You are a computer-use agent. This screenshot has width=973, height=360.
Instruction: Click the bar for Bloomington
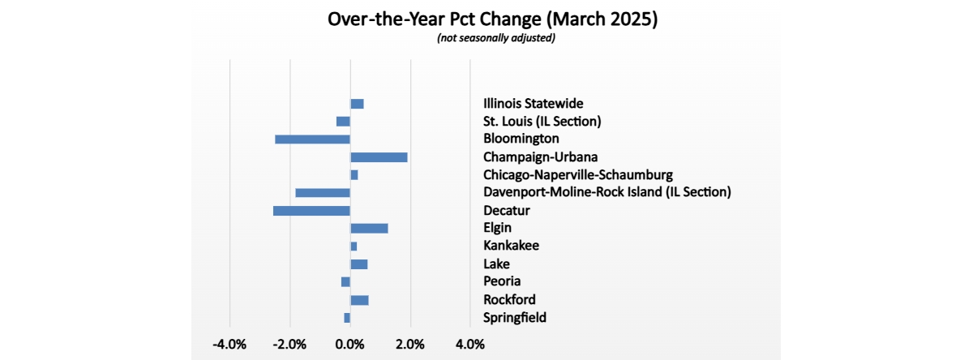(x=312, y=139)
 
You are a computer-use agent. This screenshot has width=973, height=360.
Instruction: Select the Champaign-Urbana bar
(x=379, y=157)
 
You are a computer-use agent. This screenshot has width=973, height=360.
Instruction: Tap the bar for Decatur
(x=311, y=211)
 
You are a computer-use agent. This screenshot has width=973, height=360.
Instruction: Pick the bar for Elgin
(x=369, y=229)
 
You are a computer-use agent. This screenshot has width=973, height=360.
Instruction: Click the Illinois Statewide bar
(x=357, y=104)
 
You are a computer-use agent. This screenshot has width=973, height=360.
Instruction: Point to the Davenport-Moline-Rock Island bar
(x=323, y=193)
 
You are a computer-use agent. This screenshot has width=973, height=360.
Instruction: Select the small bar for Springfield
(x=347, y=318)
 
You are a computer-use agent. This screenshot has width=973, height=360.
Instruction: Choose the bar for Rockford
(x=360, y=300)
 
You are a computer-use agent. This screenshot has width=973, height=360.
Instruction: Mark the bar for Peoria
(x=345, y=282)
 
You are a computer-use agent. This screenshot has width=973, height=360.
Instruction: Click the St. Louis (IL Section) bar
(x=343, y=122)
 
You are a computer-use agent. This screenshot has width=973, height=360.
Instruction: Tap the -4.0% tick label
(x=229, y=345)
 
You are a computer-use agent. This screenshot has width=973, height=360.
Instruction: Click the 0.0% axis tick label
(x=349, y=345)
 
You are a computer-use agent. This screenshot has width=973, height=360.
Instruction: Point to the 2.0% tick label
(x=410, y=345)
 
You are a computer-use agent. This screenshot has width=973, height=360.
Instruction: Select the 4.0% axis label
(x=470, y=345)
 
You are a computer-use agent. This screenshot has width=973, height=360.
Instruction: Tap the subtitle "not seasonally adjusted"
(x=496, y=38)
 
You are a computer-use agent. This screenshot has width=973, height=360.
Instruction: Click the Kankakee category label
(x=512, y=246)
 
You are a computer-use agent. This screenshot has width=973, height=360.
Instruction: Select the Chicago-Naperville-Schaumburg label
(x=578, y=175)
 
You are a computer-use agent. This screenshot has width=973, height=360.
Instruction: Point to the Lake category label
(x=496, y=264)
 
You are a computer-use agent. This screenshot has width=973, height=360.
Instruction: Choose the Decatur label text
(x=507, y=211)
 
